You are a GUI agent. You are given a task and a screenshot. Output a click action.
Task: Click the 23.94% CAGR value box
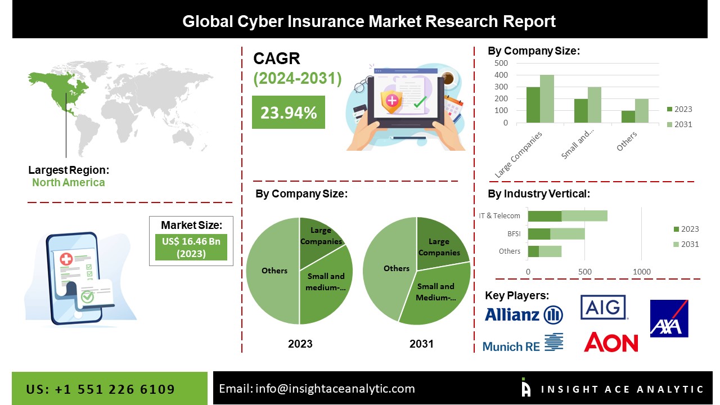click(288, 112)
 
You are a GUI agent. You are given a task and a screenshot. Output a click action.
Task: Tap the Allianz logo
click(523, 314)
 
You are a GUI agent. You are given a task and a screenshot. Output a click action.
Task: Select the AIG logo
click(604, 307)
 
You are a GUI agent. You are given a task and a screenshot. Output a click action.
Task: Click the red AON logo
click(611, 342)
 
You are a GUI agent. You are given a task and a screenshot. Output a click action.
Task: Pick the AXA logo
click(669, 318)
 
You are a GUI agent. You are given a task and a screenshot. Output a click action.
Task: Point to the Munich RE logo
click(523, 343)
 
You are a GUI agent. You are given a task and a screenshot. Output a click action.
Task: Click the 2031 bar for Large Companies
click(547, 98)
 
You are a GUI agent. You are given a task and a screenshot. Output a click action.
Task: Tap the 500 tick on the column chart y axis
click(501, 63)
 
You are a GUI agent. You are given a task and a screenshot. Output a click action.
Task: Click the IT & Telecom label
click(499, 215)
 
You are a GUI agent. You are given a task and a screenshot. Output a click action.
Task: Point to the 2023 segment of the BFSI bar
click(539, 233)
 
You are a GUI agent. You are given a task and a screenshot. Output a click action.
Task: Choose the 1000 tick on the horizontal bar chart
click(642, 272)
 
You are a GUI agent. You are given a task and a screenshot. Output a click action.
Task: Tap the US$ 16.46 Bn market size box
click(191, 248)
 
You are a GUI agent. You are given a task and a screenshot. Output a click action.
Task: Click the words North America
click(68, 182)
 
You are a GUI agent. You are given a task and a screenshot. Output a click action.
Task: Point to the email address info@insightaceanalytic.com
click(317, 388)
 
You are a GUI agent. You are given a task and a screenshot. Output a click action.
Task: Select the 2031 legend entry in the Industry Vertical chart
click(686, 244)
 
